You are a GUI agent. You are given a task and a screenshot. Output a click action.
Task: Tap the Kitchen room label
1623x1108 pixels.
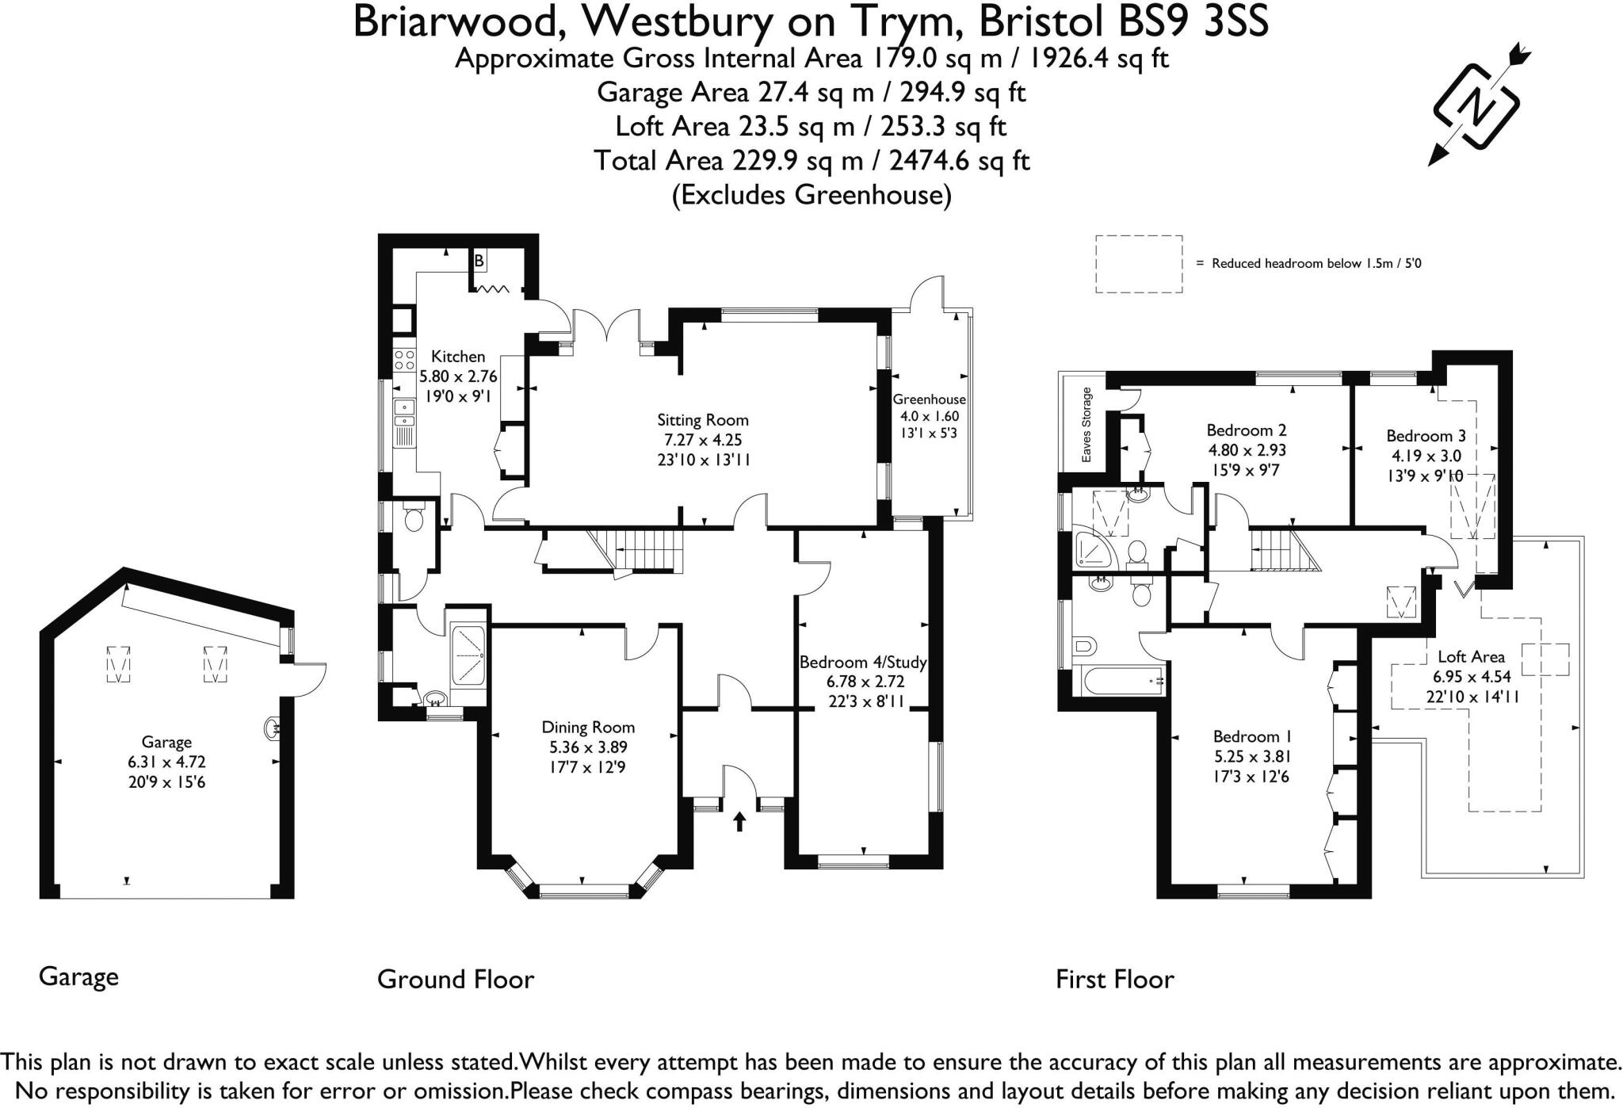click(457, 357)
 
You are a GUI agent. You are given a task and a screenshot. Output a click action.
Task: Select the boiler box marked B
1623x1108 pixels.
click(479, 260)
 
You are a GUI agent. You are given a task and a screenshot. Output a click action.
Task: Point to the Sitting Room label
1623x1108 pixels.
click(702, 420)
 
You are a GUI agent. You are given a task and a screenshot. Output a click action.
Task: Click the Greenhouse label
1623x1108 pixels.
click(929, 399)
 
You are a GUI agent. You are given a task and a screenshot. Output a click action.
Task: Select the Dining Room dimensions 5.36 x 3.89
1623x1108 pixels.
click(588, 747)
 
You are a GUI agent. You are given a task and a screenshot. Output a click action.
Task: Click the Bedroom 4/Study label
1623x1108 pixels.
click(862, 662)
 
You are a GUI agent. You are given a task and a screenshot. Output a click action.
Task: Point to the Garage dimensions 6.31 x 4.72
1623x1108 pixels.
click(166, 762)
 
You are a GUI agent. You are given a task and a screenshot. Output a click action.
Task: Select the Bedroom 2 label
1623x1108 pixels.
click(1246, 430)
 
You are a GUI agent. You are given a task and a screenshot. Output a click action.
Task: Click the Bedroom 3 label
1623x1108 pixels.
click(1426, 435)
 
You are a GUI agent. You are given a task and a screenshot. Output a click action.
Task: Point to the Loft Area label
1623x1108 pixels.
click(1471, 656)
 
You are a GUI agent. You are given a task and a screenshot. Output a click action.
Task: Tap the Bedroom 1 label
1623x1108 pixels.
click(1246, 736)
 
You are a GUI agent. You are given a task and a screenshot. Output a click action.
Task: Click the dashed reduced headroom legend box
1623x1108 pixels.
click(1139, 264)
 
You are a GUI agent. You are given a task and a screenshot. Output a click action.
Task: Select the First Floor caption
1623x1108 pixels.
click(1114, 980)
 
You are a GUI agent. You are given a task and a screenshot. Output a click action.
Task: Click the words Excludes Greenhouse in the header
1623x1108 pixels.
click(811, 195)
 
